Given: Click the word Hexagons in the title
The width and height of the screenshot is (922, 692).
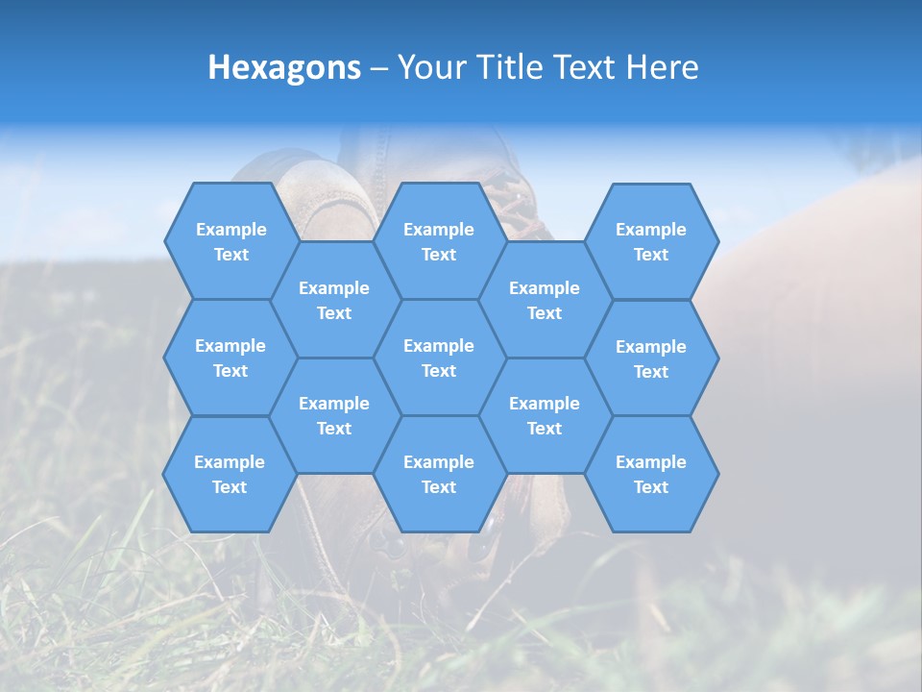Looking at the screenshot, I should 284,67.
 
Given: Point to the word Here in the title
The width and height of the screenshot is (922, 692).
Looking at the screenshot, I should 662,67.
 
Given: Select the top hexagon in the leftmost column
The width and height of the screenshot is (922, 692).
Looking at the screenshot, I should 230,241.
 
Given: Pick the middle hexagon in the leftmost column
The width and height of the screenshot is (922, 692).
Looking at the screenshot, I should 230,358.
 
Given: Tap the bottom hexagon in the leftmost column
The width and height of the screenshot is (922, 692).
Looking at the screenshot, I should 230,474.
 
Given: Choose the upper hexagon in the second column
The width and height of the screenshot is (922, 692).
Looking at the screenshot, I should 334,300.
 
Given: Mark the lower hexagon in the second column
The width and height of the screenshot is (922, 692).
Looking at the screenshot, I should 334,415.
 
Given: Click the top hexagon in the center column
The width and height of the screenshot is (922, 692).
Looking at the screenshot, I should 439,241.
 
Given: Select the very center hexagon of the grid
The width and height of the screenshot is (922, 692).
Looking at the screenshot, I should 439,358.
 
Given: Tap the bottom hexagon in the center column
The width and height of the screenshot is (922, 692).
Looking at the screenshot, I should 439,474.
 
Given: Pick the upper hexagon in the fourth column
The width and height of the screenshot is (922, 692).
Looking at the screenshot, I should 545,300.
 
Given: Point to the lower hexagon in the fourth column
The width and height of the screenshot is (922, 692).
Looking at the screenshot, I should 545,415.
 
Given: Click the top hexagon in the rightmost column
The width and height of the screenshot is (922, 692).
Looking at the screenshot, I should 651,241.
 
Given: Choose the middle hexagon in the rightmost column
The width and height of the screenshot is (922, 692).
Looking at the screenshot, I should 651,358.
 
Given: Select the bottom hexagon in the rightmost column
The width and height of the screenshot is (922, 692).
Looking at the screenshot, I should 651,474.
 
